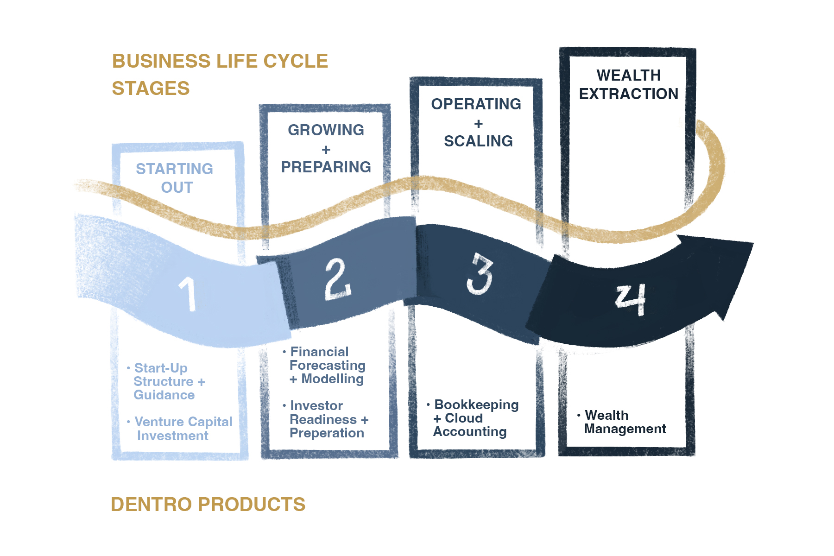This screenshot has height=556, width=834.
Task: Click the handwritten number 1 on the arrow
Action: click(188, 293)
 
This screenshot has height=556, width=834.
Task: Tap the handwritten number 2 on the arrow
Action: click(338, 279)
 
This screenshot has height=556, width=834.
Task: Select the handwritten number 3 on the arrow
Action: click(480, 274)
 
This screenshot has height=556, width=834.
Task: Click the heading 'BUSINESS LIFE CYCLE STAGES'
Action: click(220, 75)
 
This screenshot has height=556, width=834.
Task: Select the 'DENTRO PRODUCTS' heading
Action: click(208, 505)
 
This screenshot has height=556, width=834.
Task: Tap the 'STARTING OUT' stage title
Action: click(175, 178)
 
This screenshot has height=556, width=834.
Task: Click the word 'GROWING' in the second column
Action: click(326, 130)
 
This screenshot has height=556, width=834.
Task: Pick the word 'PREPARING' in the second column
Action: click(326, 167)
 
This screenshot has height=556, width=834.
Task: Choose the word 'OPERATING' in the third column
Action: click(476, 104)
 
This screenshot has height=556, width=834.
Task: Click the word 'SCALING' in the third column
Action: click(478, 141)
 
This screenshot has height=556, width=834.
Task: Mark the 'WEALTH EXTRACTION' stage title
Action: click(628, 84)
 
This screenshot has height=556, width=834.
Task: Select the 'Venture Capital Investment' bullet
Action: click(181, 429)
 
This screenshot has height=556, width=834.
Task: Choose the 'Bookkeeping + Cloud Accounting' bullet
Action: click(474, 418)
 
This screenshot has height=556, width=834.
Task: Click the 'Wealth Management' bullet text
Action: click(624, 422)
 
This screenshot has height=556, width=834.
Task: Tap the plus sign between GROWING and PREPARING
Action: click(326, 150)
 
